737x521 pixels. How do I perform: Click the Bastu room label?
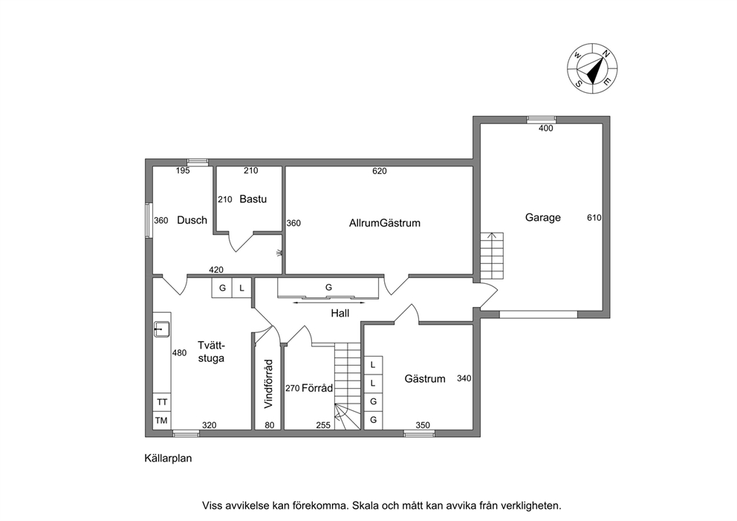[x=253, y=199]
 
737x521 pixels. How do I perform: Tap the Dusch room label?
[x=192, y=220]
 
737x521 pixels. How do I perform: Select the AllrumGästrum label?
[x=385, y=223]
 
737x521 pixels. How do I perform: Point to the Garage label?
[x=543, y=217]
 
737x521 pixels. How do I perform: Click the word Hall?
[x=340, y=313]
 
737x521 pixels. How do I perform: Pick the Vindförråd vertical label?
[x=268, y=384]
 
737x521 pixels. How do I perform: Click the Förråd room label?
[x=317, y=388]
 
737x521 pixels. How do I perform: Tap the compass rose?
[x=592, y=68]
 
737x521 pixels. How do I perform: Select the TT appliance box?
[x=162, y=402]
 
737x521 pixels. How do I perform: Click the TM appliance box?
[x=162, y=421]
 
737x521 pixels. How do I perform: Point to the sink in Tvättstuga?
[x=161, y=329]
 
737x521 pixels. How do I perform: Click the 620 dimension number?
[x=380, y=171]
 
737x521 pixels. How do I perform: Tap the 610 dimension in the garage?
[x=594, y=218]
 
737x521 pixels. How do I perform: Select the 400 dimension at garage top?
[x=546, y=129]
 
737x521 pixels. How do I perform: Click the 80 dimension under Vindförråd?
[x=270, y=426]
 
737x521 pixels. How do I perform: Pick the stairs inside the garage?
[x=492, y=256]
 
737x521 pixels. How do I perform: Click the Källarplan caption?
[x=168, y=459]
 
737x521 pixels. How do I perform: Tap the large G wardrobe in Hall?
[x=328, y=288]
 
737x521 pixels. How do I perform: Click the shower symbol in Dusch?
[x=279, y=253]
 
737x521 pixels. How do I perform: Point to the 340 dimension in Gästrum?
[x=464, y=378]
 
